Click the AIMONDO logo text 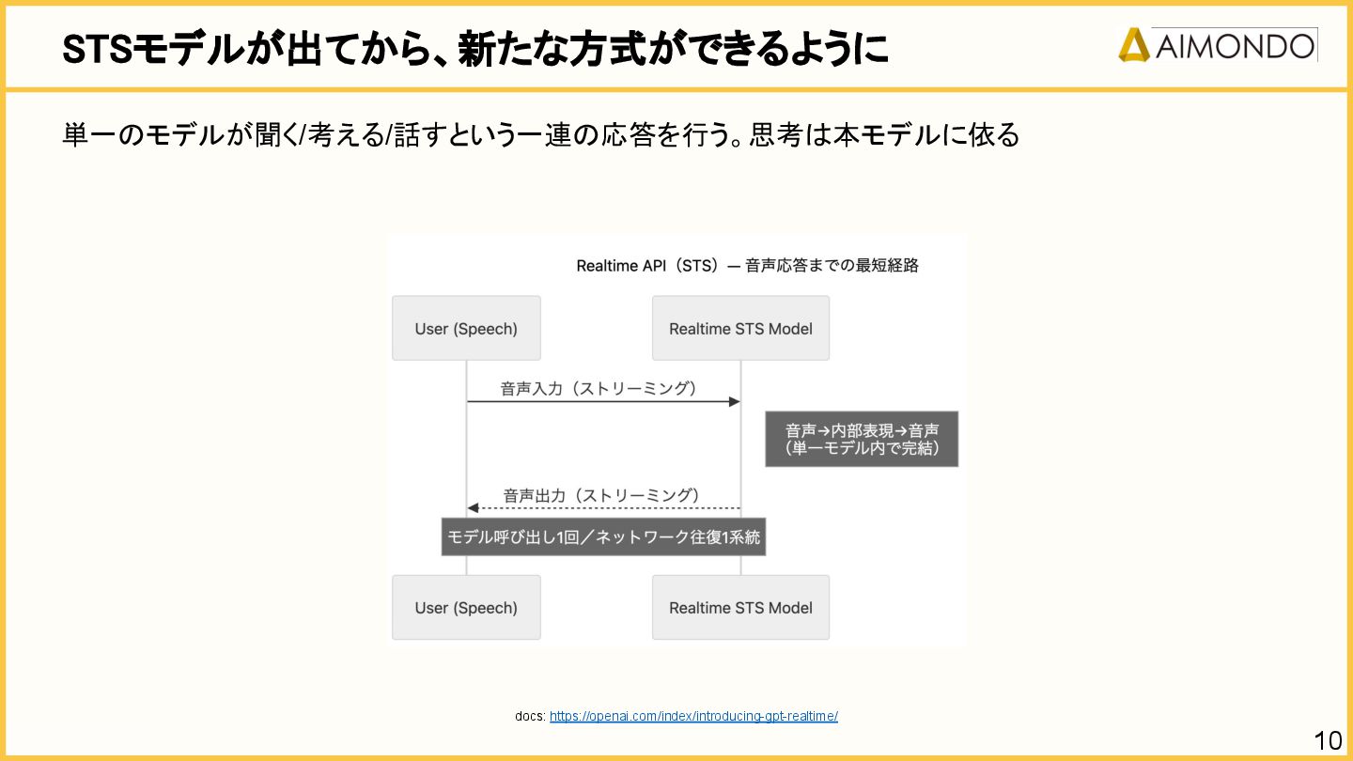1235,45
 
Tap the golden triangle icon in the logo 1134,45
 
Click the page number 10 1328,740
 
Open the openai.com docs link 693,716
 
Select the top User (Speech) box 466,329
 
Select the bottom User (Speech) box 466,608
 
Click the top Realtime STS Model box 740,329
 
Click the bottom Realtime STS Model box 740,608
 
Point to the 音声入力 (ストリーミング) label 599,388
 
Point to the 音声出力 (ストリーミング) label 601,495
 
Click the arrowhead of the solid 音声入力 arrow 735,402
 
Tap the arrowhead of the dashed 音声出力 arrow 473,508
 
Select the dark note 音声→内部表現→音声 862,439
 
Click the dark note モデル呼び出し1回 603,536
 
